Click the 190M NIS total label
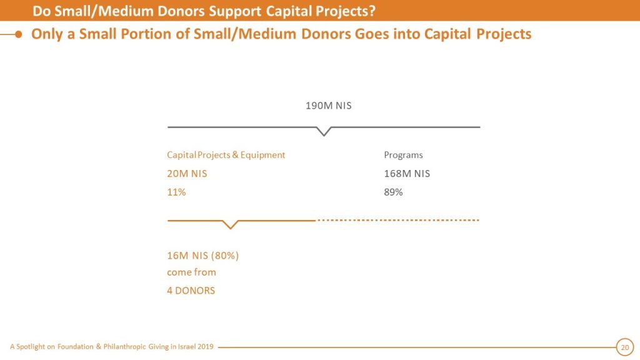coord(328,106)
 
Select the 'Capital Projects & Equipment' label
coord(226,155)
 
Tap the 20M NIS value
coord(187,174)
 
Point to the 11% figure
coord(176,192)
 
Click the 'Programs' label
coord(403,155)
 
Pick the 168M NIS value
coord(407,174)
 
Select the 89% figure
coord(393,192)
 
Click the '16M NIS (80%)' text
coord(203,256)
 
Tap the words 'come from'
coord(191,272)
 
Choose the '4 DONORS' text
coord(191,291)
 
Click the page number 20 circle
coord(624,347)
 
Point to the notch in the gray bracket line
coord(324,132)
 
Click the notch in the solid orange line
coord(231,225)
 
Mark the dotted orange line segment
coord(398,221)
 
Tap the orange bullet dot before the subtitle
coord(19,34)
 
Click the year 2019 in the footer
coord(204,347)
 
